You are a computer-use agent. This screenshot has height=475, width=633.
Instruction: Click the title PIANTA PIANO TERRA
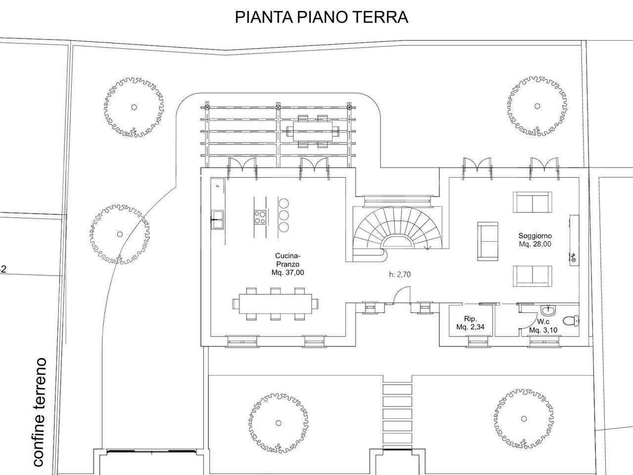321,17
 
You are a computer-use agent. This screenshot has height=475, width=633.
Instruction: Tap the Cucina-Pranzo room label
288,260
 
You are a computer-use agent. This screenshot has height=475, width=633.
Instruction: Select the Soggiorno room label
535,236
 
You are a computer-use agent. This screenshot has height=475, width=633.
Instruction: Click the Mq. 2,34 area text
470,327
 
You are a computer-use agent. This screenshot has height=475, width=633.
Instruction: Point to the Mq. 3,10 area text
543,330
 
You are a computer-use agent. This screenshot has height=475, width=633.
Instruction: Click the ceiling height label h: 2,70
400,274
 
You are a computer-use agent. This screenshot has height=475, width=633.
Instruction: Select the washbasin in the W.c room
547,310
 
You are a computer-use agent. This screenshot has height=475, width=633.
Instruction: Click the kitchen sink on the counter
217,220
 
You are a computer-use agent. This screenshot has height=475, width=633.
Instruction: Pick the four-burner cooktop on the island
260,217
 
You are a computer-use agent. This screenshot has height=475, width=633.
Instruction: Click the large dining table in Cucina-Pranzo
275,304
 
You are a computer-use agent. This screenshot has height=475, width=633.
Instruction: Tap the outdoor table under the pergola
313,131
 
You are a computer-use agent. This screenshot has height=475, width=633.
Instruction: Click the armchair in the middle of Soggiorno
488,241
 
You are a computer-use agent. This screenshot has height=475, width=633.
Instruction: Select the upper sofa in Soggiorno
532,202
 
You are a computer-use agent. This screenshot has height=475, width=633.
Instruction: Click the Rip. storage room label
470,319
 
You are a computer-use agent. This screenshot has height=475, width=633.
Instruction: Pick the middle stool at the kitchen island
284,215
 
